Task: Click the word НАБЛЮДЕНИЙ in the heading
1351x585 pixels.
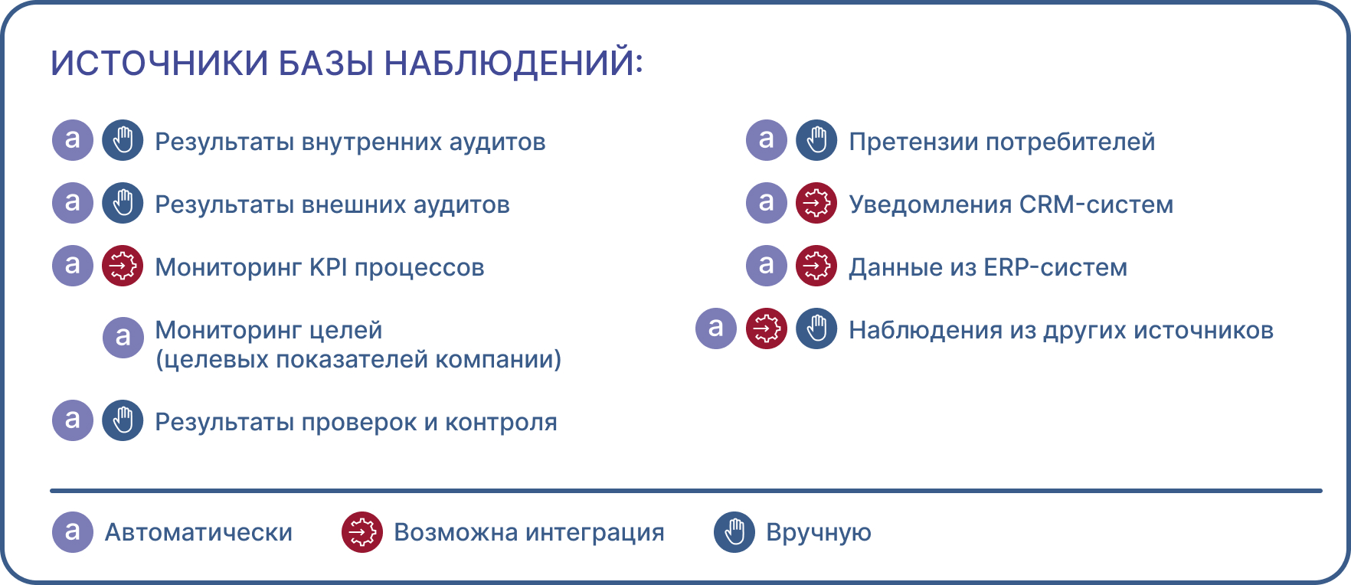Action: coord(513,64)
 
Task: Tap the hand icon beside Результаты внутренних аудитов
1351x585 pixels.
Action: coord(123,140)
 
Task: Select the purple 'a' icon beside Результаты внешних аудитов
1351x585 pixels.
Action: coord(73,203)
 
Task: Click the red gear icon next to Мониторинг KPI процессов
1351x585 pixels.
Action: coord(123,266)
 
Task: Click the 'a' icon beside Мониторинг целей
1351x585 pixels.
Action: coord(123,338)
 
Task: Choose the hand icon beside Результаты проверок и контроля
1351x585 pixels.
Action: coord(123,420)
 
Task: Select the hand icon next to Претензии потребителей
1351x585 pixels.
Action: coord(816,140)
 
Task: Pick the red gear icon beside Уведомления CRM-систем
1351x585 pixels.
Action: coord(816,203)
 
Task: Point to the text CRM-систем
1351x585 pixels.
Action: coord(1096,204)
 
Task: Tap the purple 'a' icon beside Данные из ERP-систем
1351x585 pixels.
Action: coord(767,266)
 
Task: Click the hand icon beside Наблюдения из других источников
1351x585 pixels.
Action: coord(816,328)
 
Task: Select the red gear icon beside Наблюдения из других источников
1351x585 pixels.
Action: coord(767,328)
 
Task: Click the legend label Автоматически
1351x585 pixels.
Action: coord(198,532)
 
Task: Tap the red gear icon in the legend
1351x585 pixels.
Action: coord(362,532)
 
